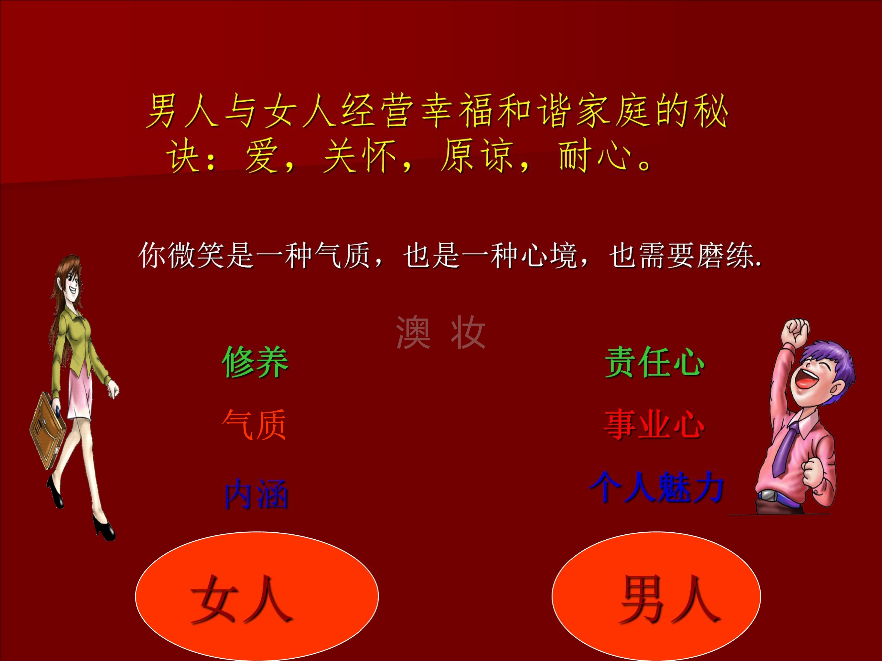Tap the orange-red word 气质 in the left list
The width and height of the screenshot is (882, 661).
point(254,425)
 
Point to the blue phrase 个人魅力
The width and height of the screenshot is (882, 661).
point(656,487)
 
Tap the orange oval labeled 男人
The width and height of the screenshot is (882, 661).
point(656,596)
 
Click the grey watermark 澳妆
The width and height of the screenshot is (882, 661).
point(441,332)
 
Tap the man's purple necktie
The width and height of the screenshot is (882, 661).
point(785,448)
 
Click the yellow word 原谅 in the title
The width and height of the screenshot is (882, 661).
point(477,156)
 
